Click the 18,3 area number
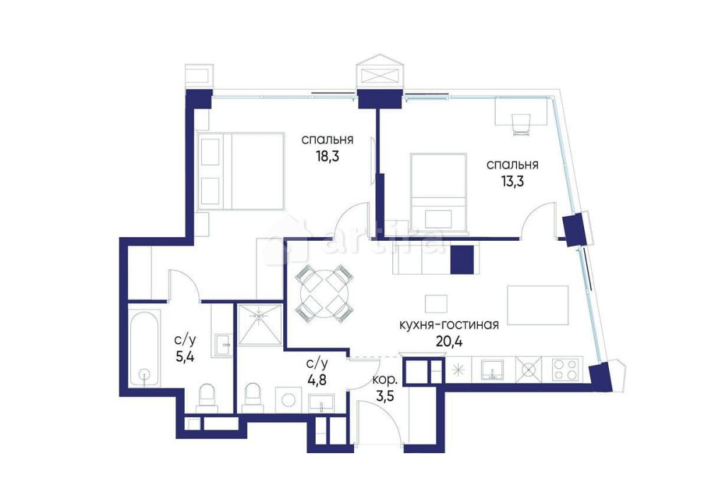pos(327,157)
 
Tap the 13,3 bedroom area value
pos(512,181)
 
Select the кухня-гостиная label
pos(450,324)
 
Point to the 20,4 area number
pos(450,340)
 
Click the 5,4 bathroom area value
pos(185,357)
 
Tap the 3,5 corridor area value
pos(385,397)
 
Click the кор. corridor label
pos(384,380)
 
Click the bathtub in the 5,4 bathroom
pos(144,348)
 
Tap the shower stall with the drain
pos(260,325)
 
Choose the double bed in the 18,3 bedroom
pos(241,171)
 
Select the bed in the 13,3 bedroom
pos(438,194)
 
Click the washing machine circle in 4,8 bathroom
pos(287,400)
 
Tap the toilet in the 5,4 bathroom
pos(208,397)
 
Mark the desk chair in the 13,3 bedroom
pos(520,125)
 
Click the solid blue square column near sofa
pos(462,259)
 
